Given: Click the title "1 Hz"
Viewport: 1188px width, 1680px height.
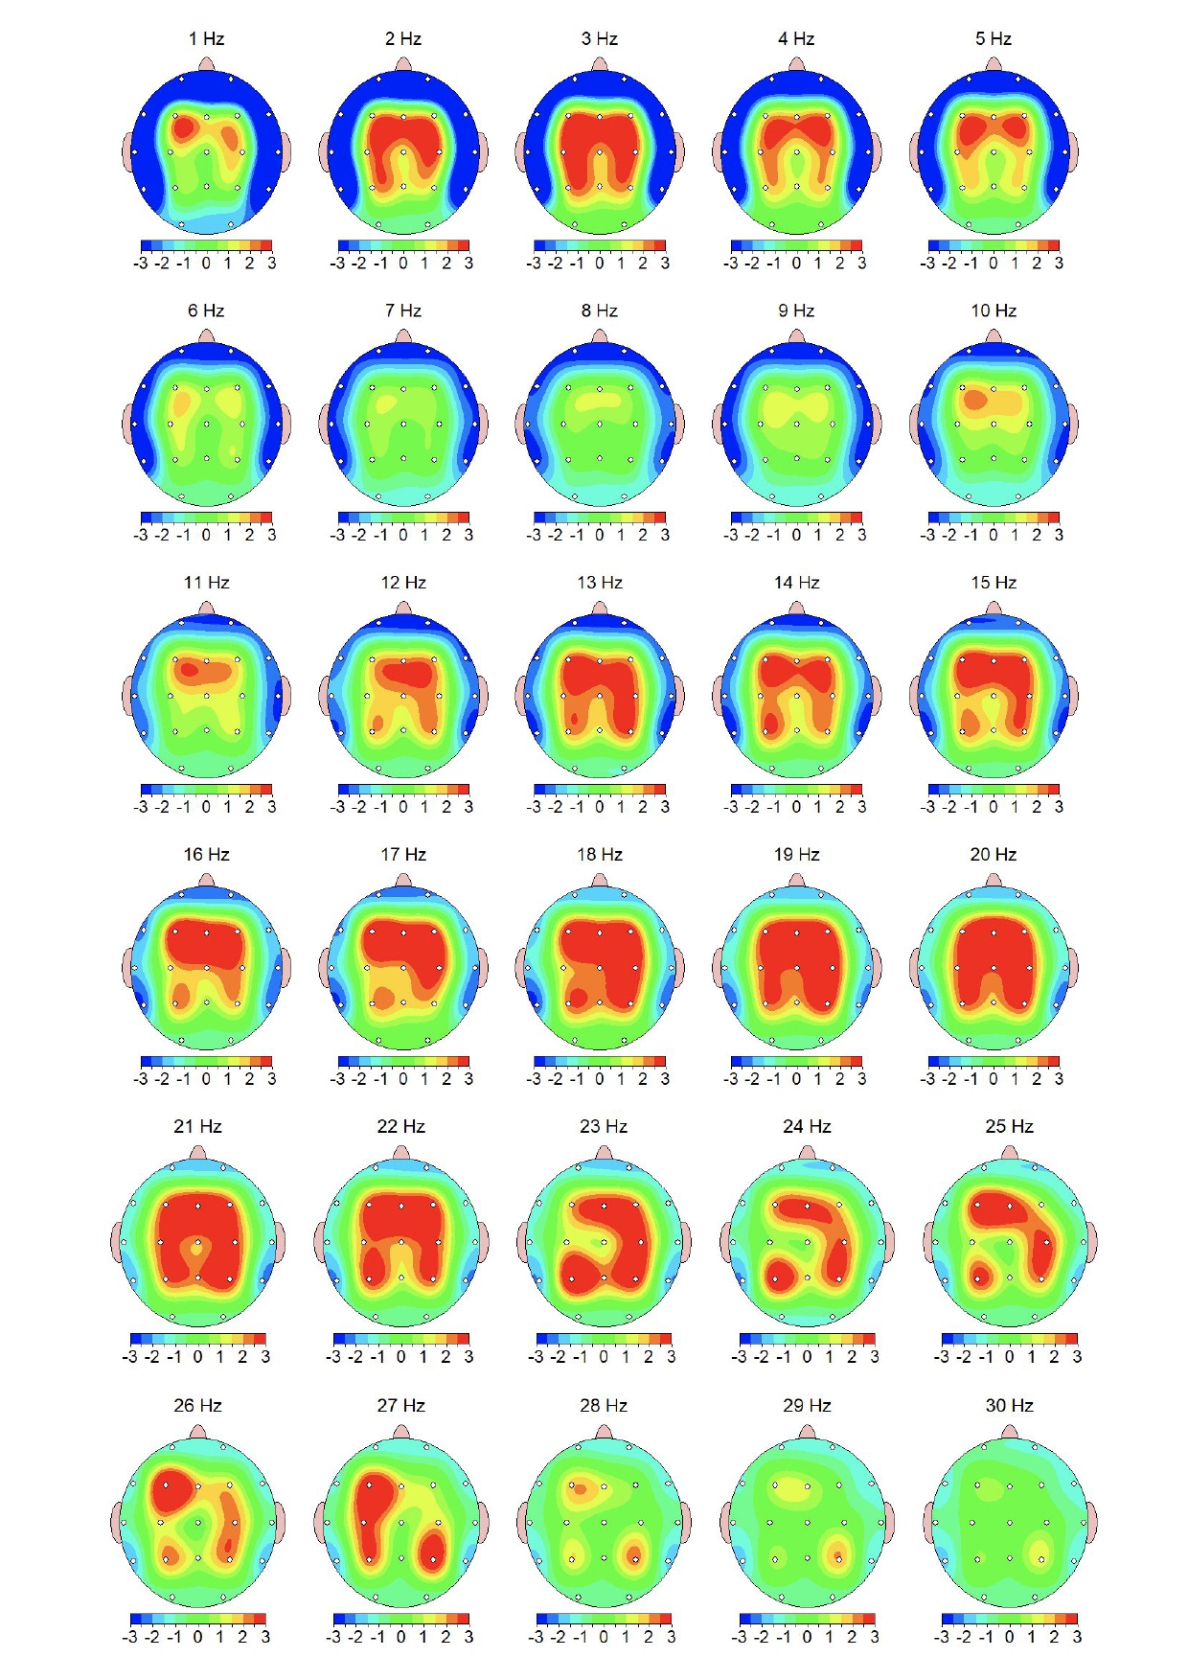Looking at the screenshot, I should tap(206, 39).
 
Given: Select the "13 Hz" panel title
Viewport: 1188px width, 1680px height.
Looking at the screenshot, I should tap(600, 583).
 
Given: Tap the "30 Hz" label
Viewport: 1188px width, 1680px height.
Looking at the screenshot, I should tap(1009, 1406).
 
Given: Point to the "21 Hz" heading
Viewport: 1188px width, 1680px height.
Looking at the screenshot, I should tap(197, 1127).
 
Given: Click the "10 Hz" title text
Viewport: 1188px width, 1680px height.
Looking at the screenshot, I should tap(994, 311).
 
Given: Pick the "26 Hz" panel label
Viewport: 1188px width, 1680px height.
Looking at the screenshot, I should tap(197, 1406).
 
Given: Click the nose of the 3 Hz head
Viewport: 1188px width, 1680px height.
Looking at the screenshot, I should tap(600, 64).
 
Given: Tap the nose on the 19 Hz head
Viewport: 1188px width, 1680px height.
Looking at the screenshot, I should tap(797, 880).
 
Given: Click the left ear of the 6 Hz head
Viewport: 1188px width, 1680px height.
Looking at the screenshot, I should tap(127, 423).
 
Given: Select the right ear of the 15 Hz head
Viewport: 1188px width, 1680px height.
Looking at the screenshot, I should tap(1074, 695).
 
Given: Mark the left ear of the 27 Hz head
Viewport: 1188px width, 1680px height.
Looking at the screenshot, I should tap(319, 1522).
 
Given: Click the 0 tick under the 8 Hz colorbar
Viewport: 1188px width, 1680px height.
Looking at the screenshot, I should tap(600, 535).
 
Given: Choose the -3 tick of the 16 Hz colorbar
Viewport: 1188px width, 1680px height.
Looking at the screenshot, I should tap(142, 1079).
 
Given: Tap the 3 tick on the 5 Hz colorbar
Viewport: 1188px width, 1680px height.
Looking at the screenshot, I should tap(1059, 263).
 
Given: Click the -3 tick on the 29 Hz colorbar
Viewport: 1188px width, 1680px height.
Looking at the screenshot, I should tap(739, 1637).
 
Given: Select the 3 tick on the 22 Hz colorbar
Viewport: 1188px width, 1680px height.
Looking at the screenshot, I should tap(468, 1357).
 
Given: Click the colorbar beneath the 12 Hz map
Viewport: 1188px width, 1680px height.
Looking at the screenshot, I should tap(403, 789).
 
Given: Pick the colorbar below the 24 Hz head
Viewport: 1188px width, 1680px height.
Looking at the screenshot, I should tap(807, 1339).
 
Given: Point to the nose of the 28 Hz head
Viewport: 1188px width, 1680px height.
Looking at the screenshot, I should tap(604, 1432).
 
